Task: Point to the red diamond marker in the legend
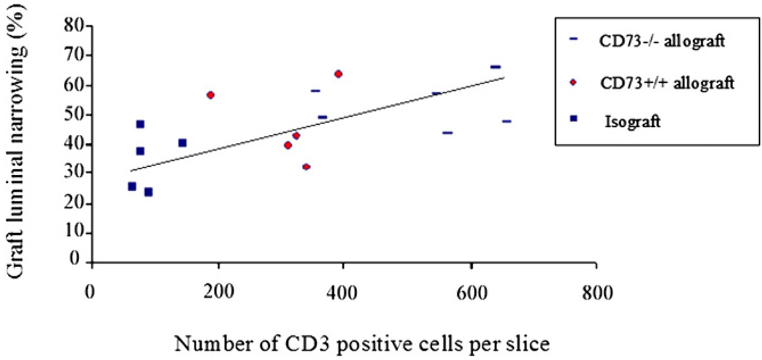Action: [573, 82]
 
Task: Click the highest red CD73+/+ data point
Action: [338, 74]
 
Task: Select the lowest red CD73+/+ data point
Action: [306, 167]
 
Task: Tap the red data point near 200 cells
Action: [210, 95]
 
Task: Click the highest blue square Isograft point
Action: [140, 125]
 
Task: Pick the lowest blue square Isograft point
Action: [148, 192]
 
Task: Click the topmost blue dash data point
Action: [495, 67]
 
